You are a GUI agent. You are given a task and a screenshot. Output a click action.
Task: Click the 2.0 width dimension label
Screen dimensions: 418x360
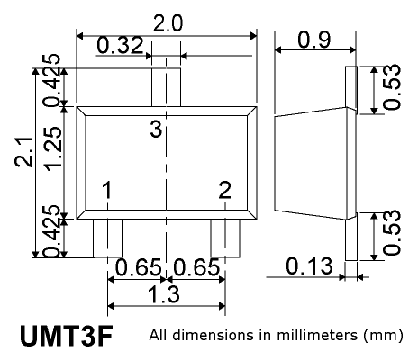click(x=168, y=23)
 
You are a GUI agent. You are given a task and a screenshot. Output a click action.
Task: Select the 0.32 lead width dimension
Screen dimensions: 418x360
click(x=121, y=45)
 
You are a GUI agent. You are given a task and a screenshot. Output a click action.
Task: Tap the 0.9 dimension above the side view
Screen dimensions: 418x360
click(x=314, y=40)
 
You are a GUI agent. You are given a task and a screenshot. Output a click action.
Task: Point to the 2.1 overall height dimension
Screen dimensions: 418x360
click(x=23, y=152)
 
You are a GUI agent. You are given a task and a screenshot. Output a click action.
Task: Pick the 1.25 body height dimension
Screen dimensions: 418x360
click(x=53, y=148)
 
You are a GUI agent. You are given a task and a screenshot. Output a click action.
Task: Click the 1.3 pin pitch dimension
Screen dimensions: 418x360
click(x=165, y=294)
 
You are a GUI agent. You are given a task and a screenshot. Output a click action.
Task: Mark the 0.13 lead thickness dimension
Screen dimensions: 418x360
click(x=309, y=266)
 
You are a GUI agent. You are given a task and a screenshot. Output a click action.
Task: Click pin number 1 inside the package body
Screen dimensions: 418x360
click(x=107, y=190)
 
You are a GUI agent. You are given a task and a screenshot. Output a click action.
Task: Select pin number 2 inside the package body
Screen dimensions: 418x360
click(x=225, y=190)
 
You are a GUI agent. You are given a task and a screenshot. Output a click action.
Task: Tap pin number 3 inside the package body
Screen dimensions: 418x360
click(x=156, y=130)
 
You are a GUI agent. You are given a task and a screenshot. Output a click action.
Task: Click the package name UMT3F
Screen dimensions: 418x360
click(x=67, y=336)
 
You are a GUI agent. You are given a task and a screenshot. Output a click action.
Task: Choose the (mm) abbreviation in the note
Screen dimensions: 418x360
click(x=383, y=336)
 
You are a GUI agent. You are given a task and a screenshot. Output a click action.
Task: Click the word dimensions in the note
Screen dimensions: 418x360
click(x=214, y=335)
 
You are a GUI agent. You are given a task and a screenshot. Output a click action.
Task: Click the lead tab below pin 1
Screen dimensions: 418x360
click(x=107, y=238)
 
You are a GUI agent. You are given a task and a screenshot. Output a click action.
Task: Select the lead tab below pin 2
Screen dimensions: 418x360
click(x=225, y=238)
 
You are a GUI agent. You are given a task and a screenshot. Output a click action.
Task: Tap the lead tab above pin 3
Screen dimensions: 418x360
click(x=166, y=87)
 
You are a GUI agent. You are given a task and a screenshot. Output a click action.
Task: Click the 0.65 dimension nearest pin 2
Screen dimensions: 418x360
click(x=196, y=267)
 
